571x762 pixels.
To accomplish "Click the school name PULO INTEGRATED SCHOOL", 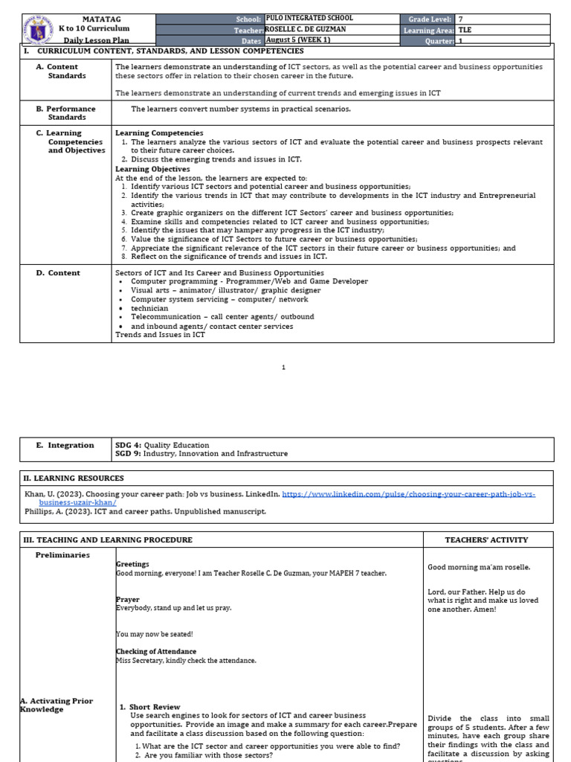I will pos(309,18).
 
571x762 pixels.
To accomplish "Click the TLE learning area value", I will pos(465,30).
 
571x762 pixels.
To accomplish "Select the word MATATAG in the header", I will pos(94,18).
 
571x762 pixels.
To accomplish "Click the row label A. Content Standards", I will pos(62,71).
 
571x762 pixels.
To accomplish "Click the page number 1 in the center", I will pos(284,367).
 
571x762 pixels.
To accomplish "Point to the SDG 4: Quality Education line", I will pos(162,445).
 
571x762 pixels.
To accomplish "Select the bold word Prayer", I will pos(127,599).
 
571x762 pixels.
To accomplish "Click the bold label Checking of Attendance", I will pos(156,651).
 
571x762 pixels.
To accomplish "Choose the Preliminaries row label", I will pos(62,554).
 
